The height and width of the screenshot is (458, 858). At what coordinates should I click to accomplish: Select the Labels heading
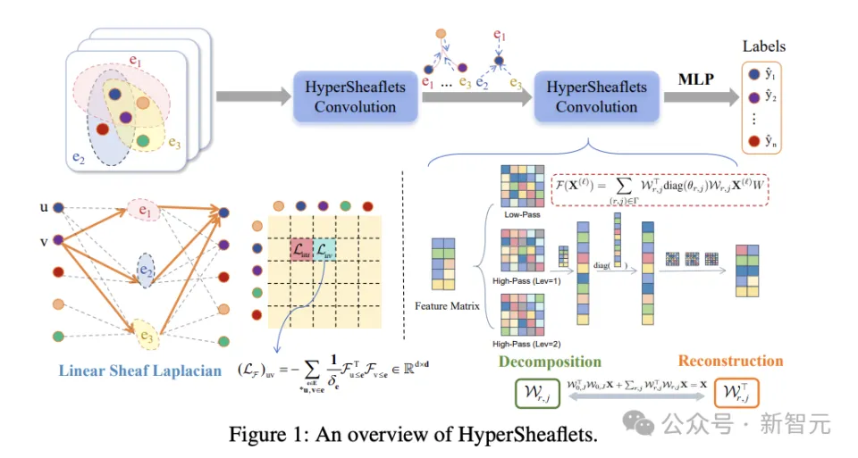click(x=764, y=46)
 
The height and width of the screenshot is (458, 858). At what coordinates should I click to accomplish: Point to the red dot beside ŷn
click(x=753, y=141)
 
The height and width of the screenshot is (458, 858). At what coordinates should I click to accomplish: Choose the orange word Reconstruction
click(x=730, y=362)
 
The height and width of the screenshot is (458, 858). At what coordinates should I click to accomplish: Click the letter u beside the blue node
click(x=44, y=207)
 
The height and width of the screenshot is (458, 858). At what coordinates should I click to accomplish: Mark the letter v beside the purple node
click(x=44, y=239)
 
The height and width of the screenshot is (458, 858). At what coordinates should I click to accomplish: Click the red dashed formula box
click(x=660, y=188)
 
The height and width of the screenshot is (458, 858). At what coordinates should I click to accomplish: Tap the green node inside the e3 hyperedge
click(x=144, y=141)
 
